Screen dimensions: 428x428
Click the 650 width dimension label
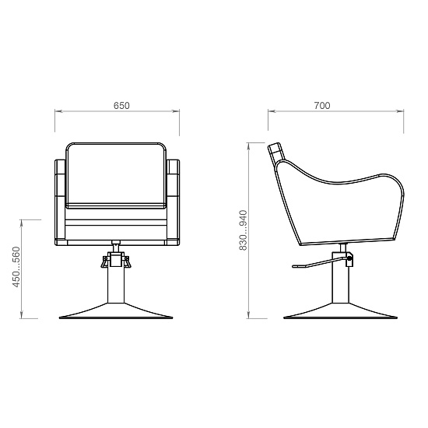coord(121,106)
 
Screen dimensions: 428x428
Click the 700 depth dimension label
coord(322,106)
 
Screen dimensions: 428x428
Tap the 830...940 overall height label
coord(243,230)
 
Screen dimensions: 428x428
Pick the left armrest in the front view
coord(61,202)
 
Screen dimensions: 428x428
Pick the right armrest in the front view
coord(173,202)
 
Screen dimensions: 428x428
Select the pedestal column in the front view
coord(116,284)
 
